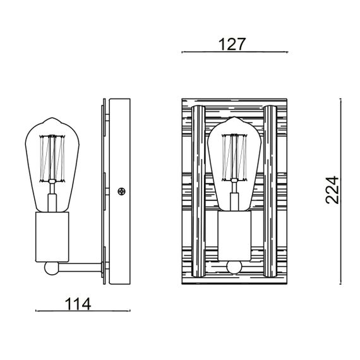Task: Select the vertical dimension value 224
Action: [333, 189]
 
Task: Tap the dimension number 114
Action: [79, 304]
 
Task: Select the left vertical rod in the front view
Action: [197, 189]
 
